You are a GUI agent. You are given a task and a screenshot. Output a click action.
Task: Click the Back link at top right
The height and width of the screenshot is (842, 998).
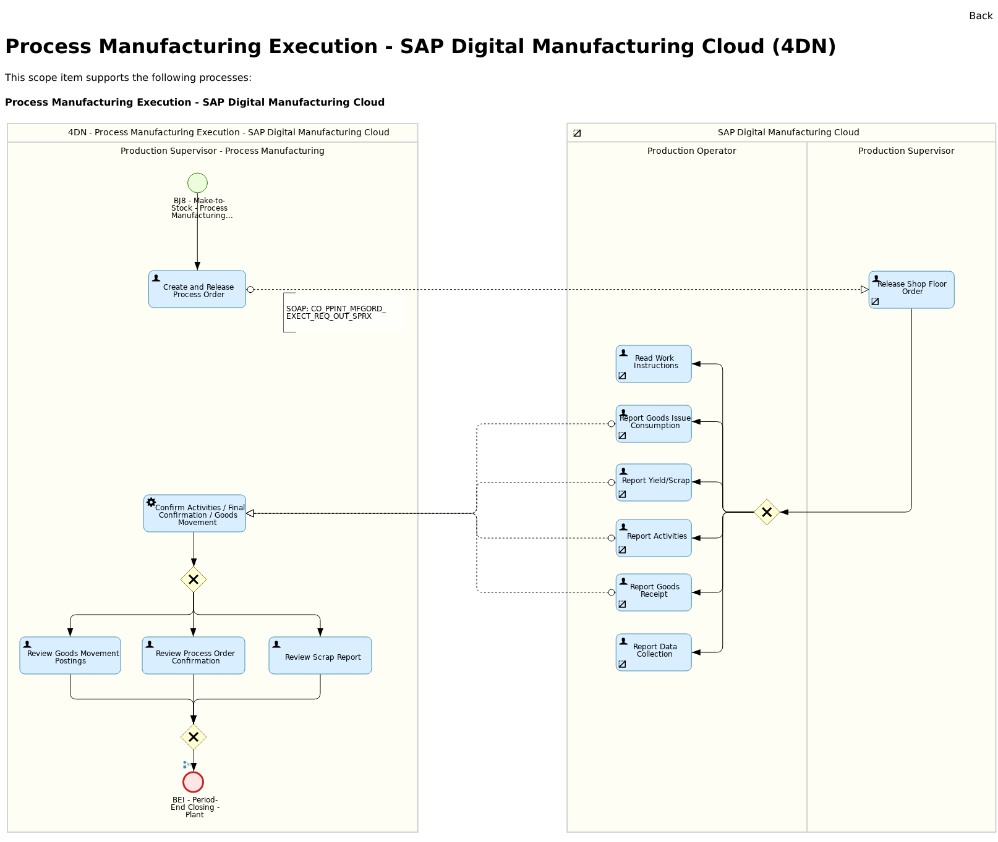pos(980,16)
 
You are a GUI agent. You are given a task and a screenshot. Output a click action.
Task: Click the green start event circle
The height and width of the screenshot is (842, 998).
pos(197,183)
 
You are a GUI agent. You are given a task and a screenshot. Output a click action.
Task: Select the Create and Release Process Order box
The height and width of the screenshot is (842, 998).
pos(197,289)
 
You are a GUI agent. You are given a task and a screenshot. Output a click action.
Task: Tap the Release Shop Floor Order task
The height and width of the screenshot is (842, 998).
pos(911,290)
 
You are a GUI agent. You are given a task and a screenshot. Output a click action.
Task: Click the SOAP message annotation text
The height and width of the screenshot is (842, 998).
pos(335,313)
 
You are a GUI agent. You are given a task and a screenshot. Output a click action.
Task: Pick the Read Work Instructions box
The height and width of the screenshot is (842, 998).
pos(654,364)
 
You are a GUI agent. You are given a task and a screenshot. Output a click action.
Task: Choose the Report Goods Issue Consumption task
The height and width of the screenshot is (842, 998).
pos(654,424)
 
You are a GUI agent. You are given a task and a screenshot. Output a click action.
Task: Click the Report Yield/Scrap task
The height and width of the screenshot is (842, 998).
pos(654,482)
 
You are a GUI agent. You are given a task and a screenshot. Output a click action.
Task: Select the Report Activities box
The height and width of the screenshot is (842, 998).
pos(654,538)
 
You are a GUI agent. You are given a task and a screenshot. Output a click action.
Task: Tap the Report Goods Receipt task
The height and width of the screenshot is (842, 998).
pos(654,592)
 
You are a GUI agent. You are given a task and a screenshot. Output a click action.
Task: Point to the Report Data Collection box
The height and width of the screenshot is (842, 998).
pos(654,652)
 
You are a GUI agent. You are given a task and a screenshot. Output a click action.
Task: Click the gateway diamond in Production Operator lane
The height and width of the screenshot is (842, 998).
pos(767,512)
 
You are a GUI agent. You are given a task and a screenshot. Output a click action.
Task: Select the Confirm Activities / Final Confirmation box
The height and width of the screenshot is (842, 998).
pos(195,513)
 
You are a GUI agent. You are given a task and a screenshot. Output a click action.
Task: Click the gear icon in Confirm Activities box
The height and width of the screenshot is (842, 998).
pos(151,502)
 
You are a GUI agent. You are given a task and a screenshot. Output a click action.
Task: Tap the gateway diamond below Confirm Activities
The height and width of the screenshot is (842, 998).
pos(194,579)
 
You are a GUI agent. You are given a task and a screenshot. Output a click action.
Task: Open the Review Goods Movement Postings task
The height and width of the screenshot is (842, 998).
pos(70,655)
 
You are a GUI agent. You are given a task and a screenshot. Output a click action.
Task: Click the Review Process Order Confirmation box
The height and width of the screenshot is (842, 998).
pos(194,655)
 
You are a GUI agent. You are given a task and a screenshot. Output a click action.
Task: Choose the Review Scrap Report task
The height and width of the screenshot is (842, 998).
pos(320,655)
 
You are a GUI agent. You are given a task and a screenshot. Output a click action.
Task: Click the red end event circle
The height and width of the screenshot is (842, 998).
pos(194,782)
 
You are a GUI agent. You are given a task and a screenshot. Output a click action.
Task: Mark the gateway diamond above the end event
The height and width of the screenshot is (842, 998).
pos(194,737)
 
